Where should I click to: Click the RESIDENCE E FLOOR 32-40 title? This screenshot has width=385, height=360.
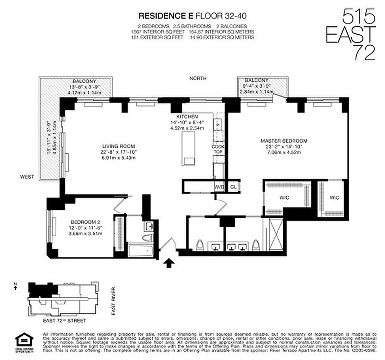[x=195, y=17]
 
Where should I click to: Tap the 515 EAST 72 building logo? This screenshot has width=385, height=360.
[x=358, y=36]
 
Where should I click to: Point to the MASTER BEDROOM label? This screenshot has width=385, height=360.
[x=284, y=141]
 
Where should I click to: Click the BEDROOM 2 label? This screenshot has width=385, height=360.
[x=85, y=222]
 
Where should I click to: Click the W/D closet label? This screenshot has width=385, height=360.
[x=219, y=186]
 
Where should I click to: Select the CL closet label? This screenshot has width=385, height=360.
[x=233, y=186]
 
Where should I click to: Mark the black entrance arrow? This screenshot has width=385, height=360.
[x=169, y=262]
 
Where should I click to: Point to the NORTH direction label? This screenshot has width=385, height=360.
[x=198, y=78]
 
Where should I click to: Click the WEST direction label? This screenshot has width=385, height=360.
[x=27, y=177]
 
